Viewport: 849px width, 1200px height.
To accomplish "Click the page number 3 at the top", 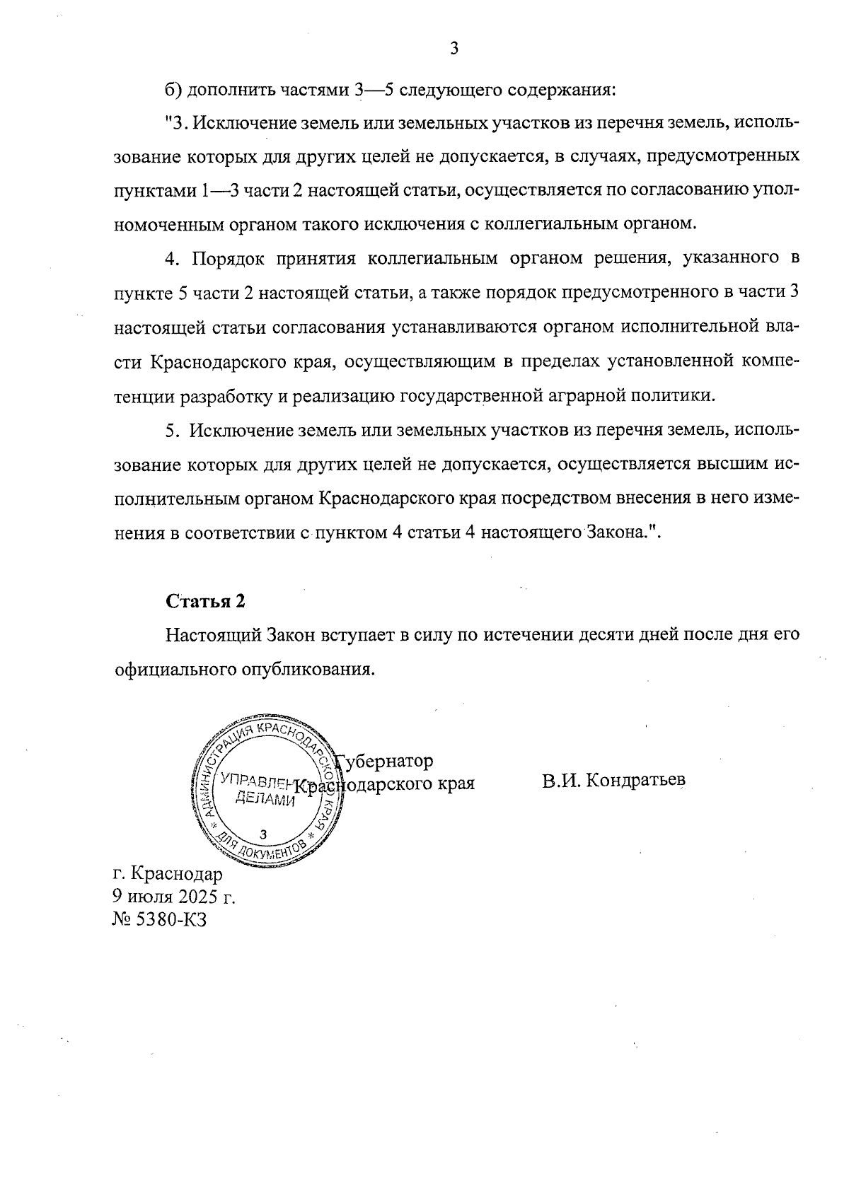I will [454, 48].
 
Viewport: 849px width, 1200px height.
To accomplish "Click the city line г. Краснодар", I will [167, 874].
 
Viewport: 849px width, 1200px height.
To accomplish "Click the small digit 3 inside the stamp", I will [264, 834].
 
